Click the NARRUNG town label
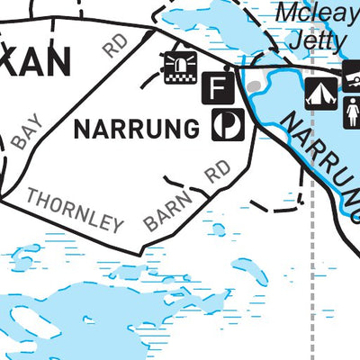click(x=136, y=130)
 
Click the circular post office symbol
click(x=227, y=125)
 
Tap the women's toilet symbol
click(x=352, y=112)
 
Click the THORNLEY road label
click(x=75, y=209)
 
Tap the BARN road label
click(x=168, y=212)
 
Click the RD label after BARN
click(x=217, y=172)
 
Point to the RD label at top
click(x=115, y=45)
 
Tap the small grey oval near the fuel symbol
click(x=255, y=86)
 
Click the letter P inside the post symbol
click(x=228, y=126)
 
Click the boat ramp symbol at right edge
click(x=353, y=71)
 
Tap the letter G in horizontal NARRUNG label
click(x=190, y=130)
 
